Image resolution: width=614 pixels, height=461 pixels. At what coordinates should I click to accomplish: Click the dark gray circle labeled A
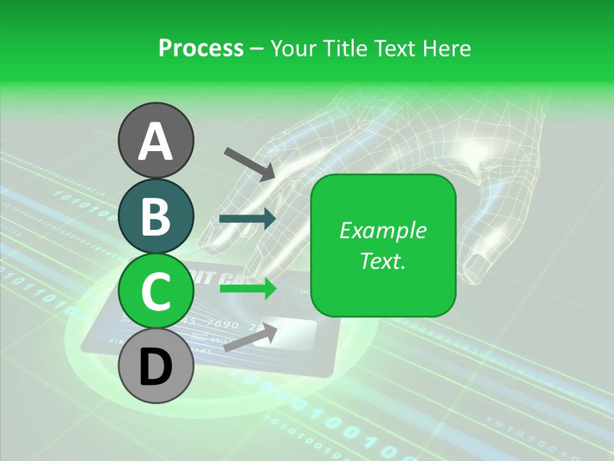(x=155, y=140)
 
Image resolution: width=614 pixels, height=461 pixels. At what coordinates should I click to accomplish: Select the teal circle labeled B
(x=155, y=216)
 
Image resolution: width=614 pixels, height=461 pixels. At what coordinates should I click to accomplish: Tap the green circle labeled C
(x=155, y=291)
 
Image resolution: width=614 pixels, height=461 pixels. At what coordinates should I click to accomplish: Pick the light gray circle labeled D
(x=155, y=367)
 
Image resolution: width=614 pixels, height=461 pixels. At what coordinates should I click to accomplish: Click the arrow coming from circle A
(x=249, y=163)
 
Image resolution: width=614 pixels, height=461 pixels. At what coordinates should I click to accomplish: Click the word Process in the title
(x=201, y=48)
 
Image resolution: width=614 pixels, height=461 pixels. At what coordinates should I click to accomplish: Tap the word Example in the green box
(x=382, y=230)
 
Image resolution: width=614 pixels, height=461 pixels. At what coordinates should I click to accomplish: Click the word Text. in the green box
(x=382, y=261)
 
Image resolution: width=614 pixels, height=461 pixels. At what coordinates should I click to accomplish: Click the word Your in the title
(x=295, y=48)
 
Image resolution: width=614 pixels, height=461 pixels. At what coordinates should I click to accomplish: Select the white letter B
(x=155, y=216)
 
